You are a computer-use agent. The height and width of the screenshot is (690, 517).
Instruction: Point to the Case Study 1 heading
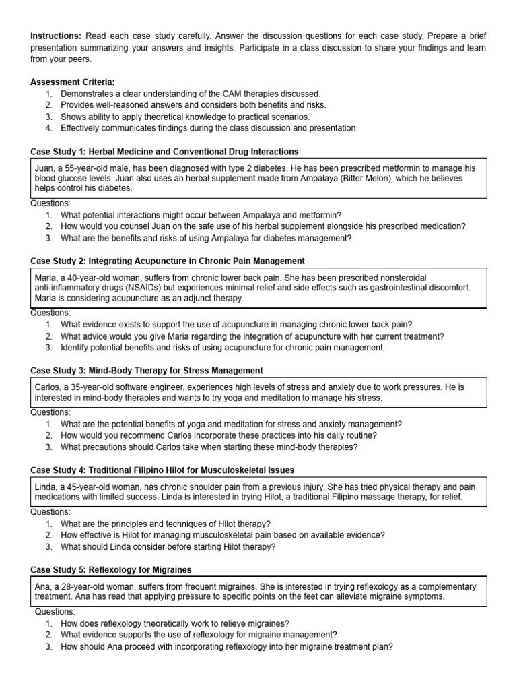[x=165, y=152]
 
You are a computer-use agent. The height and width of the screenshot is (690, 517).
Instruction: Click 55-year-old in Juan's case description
[x=79, y=168]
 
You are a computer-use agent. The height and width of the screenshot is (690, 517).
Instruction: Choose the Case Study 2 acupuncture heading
[x=168, y=261]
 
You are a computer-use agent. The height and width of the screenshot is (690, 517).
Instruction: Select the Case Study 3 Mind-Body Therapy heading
[x=147, y=371]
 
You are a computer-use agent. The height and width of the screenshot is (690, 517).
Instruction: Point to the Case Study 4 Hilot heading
[x=162, y=470]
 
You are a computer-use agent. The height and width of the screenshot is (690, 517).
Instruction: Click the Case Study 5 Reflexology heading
[x=111, y=569]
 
